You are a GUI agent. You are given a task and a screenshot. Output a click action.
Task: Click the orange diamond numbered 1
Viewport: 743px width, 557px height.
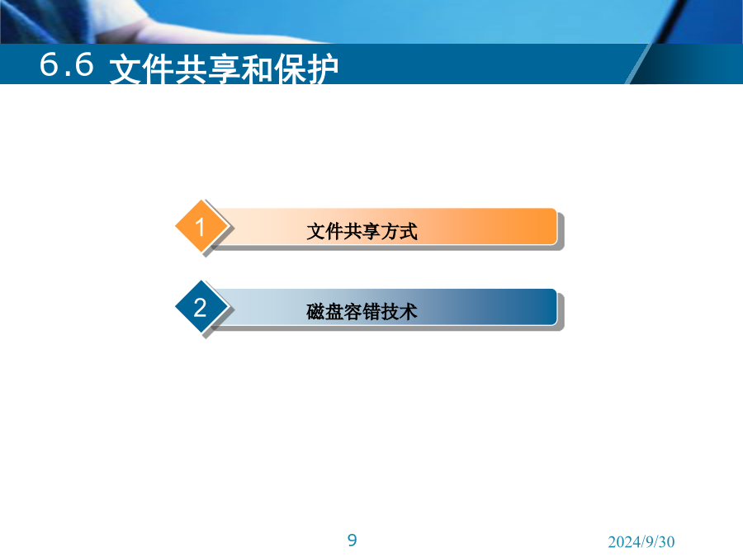[x=200, y=226]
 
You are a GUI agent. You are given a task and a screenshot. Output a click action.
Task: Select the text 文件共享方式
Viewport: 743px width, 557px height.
[x=362, y=232]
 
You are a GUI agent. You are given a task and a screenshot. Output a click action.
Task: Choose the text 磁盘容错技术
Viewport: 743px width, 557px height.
[x=362, y=312]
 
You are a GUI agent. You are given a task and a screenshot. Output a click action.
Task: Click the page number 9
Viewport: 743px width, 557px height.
[x=352, y=540]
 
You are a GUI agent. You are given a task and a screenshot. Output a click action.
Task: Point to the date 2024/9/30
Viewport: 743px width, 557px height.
[x=641, y=541]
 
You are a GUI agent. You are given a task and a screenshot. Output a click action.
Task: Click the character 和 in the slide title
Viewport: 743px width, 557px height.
[x=257, y=69]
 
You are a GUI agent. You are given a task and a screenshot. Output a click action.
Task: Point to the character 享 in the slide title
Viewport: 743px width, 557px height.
[x=224, y=69]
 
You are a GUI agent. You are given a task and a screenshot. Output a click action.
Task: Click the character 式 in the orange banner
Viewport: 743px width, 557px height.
[x=408, y=232]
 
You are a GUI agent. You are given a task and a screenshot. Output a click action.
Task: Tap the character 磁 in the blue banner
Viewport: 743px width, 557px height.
[x=315, y=312]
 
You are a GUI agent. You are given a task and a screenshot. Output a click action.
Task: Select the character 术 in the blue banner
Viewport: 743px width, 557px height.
[x=408, y=312]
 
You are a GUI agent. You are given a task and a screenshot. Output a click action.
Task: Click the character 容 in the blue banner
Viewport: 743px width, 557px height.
[x=353, y=312]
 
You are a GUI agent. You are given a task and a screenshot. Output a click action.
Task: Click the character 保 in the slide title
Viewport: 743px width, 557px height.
[x=290, y=69]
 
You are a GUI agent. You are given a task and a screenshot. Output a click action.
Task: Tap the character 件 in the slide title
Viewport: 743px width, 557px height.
[x=159, y=69]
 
